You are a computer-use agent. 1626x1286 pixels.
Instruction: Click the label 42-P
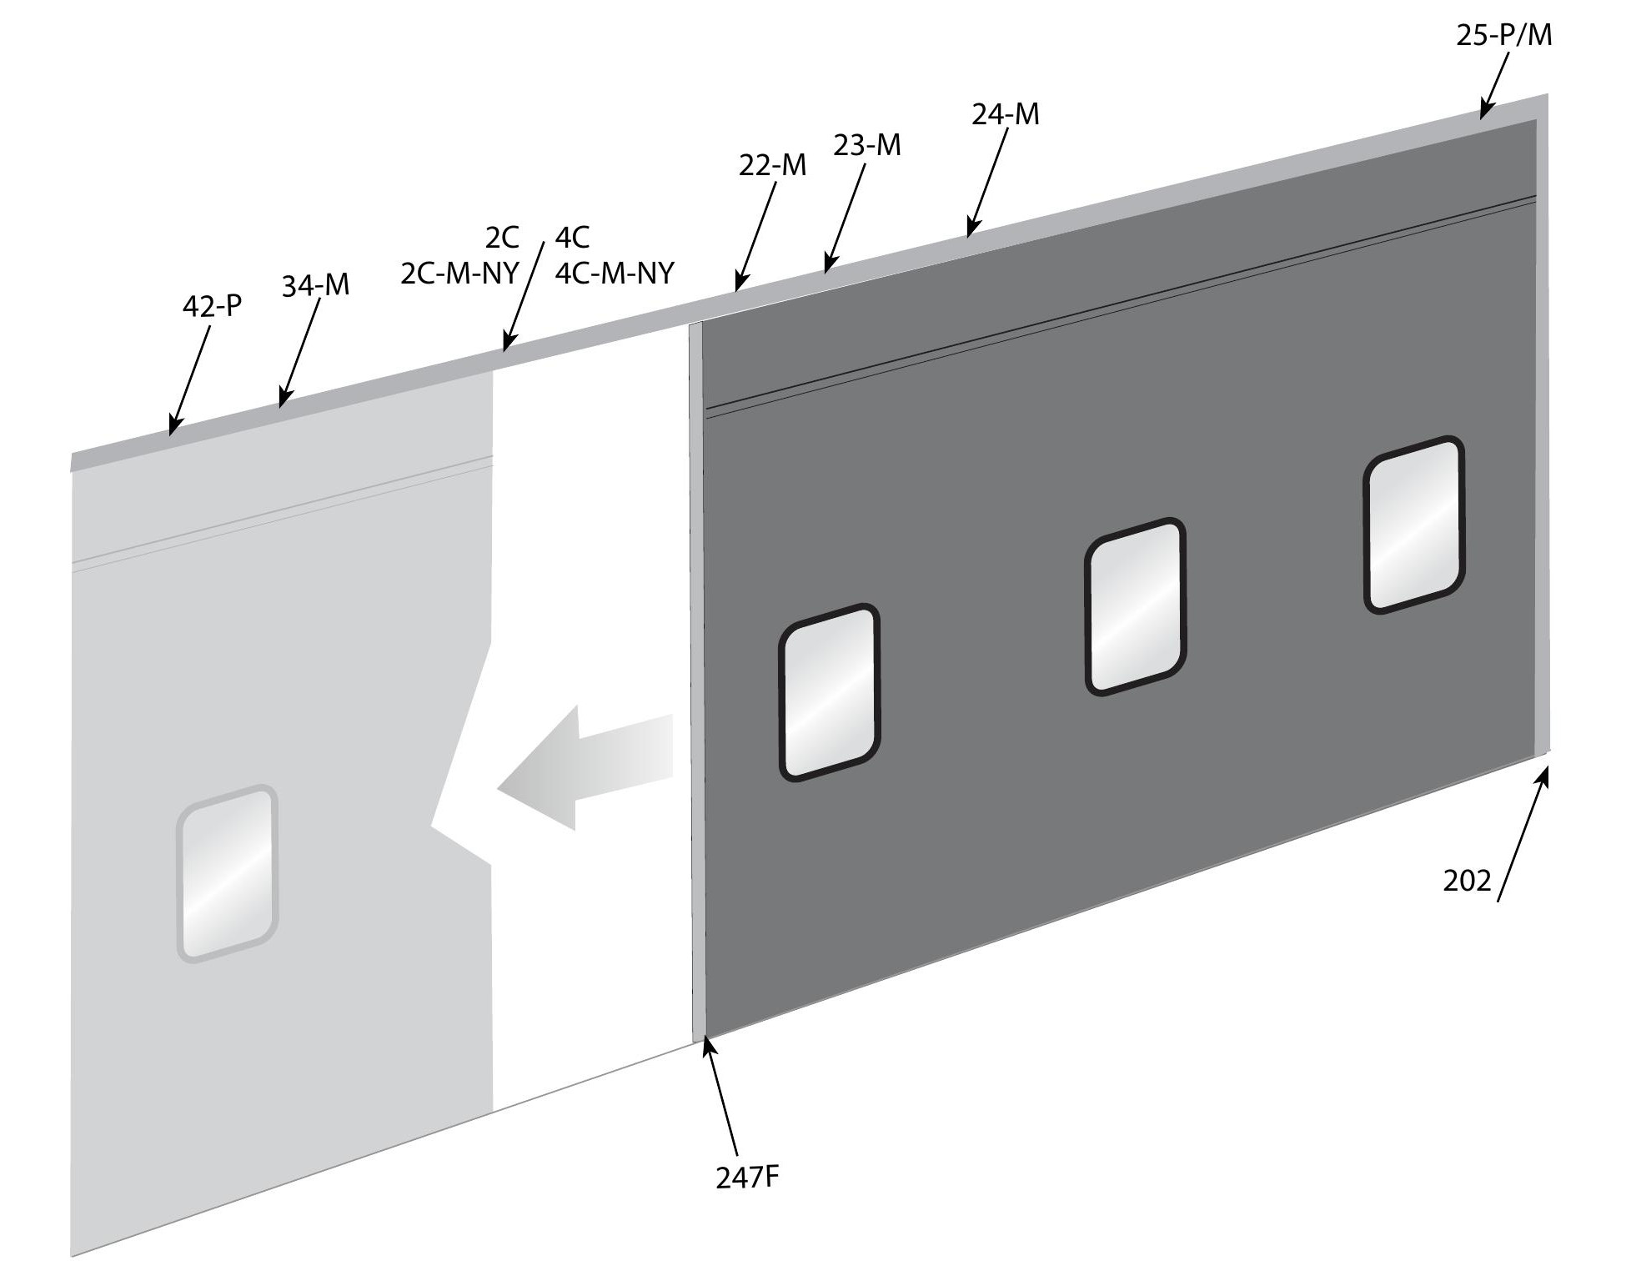point(212,306)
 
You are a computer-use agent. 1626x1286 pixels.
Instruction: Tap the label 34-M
point(315,286)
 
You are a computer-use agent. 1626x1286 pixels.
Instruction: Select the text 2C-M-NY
point(459,273)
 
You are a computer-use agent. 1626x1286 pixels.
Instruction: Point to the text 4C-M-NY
point(615,273)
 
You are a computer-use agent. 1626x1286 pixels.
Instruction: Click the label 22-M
point(772,165)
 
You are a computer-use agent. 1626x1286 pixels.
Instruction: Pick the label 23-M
point(867,145)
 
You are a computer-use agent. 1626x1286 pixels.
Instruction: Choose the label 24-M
point(1006,113)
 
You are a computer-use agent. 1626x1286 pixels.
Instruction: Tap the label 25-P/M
point(1504,35)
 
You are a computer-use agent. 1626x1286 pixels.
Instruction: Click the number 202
point(1467,881)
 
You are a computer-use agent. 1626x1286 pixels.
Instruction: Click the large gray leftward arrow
point(585,768)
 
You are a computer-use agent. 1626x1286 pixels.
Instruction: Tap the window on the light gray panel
point(227,873)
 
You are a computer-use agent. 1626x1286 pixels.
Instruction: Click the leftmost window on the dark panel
point(829,692)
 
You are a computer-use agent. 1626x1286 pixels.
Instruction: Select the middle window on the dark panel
point(1135,606)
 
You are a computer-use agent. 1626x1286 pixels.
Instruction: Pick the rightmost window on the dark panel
point(1413,525)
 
